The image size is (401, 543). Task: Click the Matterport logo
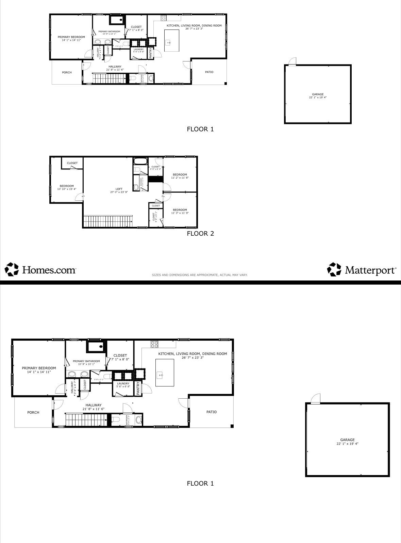click(x=362, y=270)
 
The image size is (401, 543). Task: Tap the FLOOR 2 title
click(x=200, y=233)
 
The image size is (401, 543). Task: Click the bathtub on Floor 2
click(x=140, y=161)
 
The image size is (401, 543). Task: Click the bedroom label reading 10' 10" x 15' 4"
click(x=67, y=187)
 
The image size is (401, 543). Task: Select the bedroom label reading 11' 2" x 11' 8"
click(x=180, y=176)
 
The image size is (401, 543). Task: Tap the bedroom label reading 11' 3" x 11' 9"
click(x=180, y=211)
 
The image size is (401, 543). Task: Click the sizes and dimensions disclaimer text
click(x=200, y=275)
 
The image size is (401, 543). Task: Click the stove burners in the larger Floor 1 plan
click(x=154, y=344)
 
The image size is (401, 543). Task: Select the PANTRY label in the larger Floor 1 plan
click(x=138, y=388)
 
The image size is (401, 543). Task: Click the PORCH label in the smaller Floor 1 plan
click(x=67, y=72)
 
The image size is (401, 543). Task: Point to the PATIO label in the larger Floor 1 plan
click(x=211, y=412)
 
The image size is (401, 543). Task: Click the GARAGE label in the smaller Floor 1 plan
click(x=318, y=96)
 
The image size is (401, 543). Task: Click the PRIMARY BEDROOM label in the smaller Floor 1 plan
click(x=71, y=38)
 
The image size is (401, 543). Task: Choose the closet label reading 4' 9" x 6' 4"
click(x=155, y=167)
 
